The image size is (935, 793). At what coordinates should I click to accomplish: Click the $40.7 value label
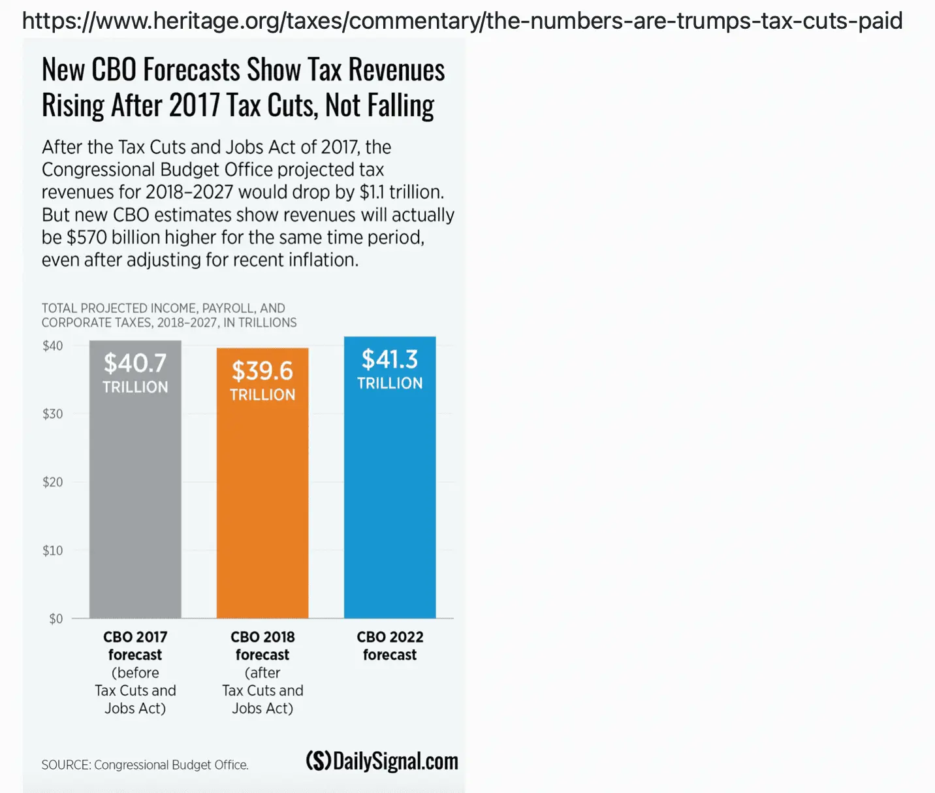click(x=135, y=363)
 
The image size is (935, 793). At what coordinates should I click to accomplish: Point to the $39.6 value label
click(x=262, y=371)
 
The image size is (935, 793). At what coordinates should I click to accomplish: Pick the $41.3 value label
click(x=390, y=359)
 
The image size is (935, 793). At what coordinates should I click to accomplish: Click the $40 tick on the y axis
click(x=53, y=346)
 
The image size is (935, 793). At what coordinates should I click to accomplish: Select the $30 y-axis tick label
click(x=53, y=414)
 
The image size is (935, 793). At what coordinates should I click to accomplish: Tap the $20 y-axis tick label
click(x=53, y=482)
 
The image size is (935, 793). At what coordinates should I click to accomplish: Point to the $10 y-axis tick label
click(x=53, y=551)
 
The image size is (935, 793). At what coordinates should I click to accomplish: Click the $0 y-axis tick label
click(x=56, y=619)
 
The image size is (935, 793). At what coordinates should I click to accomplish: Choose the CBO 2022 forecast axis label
click(x=390, y=645)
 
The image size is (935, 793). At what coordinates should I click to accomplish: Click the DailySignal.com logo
click(x=382, y=761)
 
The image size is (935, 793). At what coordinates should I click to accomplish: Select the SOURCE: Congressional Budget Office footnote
click(x=145, y=765)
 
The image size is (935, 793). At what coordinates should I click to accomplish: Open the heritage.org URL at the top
click(x=462, y=21)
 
